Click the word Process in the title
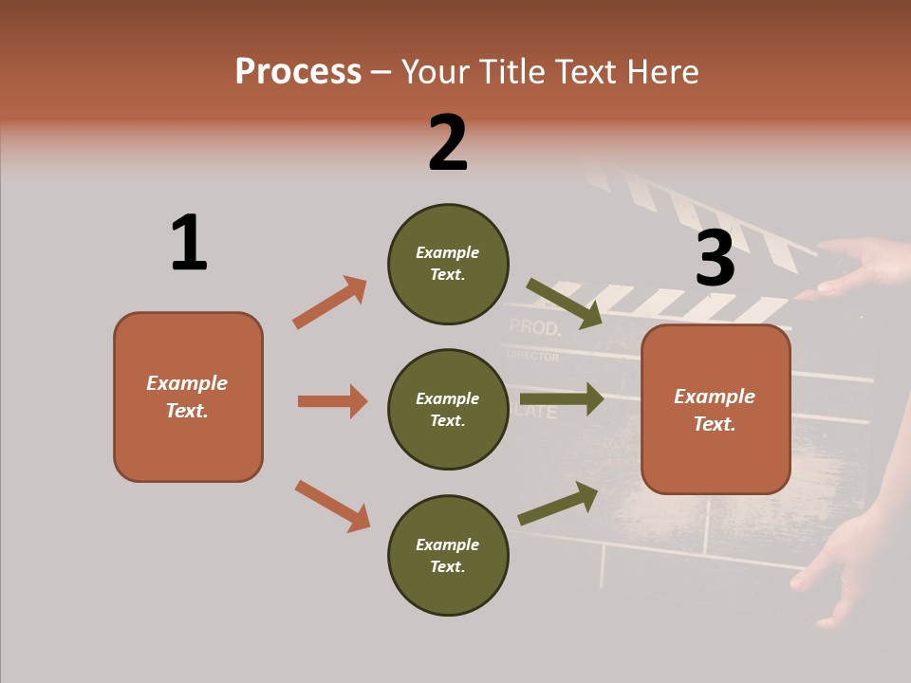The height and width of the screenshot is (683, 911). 298,72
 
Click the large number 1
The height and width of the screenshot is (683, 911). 189,243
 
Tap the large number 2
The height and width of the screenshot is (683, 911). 448,143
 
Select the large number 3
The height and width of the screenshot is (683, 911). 715,258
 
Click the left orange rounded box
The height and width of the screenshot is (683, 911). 188,397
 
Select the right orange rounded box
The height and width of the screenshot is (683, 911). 716,409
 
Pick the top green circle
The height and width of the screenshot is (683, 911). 448,264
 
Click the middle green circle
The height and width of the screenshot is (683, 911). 448,409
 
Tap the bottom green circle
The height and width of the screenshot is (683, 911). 448,555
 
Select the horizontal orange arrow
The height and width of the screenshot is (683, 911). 332,401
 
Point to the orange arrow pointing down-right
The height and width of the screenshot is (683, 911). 332,506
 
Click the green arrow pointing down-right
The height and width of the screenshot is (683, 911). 565,304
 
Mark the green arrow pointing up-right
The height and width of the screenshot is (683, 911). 558,504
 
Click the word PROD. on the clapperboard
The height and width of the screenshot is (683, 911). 535,328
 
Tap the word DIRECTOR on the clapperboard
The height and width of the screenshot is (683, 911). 532,357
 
